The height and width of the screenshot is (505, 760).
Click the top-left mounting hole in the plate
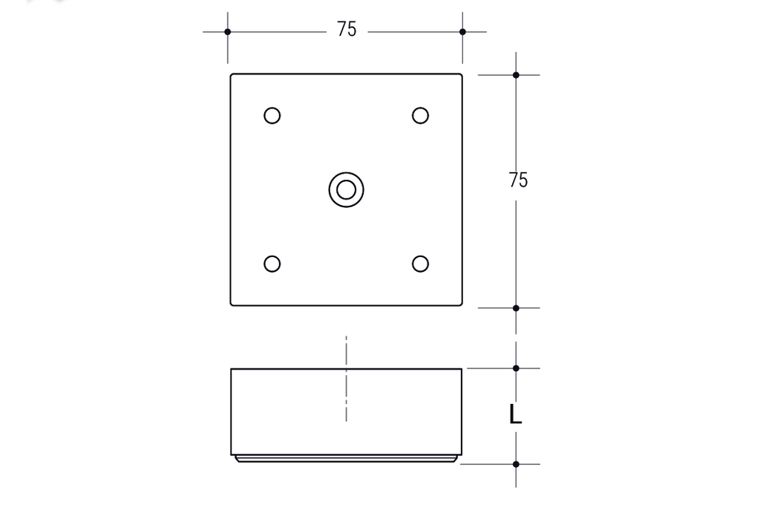(272, 116)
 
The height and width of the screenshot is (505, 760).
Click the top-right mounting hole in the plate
(420, 116)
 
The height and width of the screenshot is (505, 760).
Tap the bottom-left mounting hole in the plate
(272, 264)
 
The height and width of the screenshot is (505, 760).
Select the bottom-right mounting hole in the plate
(420, 264)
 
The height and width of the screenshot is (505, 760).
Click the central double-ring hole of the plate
(346, 189)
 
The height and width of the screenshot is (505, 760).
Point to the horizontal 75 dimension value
(347, 30)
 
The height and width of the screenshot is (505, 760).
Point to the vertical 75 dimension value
(519, 180)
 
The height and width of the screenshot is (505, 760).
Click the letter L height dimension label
(515, 414)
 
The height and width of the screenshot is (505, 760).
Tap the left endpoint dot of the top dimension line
(228, 32)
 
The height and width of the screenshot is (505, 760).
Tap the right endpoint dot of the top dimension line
(462, 32)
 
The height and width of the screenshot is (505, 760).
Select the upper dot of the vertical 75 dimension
(516, 75)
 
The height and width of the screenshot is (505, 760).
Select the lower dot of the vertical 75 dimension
(516, 307)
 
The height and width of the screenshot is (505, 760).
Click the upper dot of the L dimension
(516, 368)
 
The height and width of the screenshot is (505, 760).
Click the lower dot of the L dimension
(516, 464)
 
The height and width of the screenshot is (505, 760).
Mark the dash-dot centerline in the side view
(346, 379)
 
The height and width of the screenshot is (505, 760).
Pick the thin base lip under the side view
(346, 459)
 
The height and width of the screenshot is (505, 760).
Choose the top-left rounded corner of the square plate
(232, 76)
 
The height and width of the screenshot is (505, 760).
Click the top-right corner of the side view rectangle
(461, 369)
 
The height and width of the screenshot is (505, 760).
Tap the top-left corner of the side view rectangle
(232, 369)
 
